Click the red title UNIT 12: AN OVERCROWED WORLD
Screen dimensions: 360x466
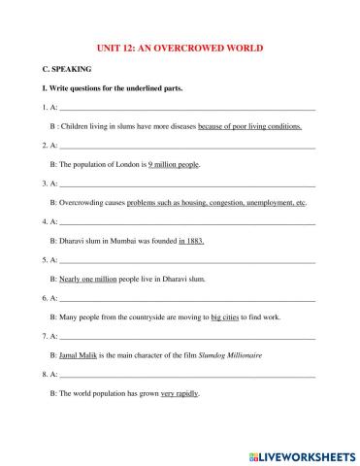181,48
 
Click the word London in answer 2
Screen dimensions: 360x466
131,164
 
